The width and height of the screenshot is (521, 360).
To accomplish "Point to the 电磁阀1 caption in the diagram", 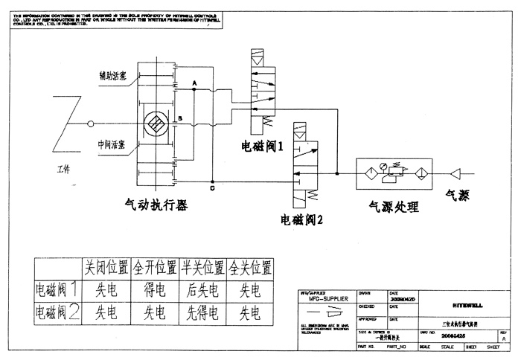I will pyautogui.click(x=263, y=146).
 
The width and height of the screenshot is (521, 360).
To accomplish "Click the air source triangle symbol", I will pyautogui.click(x=456, y=173).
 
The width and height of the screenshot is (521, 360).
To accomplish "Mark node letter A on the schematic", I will pyautogui.click(x=194, y=82).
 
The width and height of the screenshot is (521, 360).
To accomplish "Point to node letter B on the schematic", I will pyautogui.click(x=179, y=118).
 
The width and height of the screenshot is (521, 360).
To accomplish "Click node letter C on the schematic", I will pyautogui.click(x=214, y=188).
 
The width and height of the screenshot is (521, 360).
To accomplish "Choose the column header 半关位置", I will pyautogui.click(x=202, y=266).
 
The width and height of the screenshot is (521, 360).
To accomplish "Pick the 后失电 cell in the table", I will pyautogui.click(x=202, y=289).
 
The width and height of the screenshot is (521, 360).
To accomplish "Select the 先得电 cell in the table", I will pyautogui.click(x=202, y=312).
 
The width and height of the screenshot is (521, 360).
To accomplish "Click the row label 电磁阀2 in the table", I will pyautogui.click(x=57, y=312).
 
